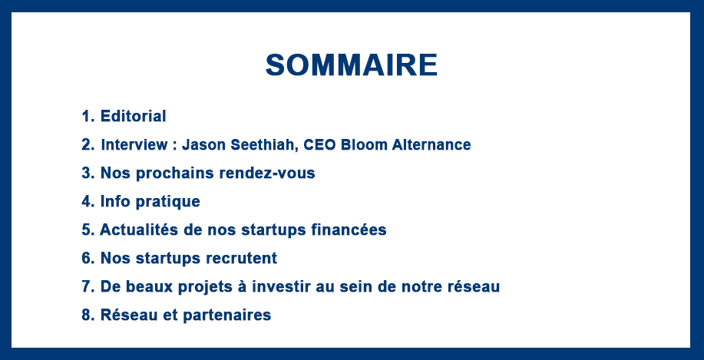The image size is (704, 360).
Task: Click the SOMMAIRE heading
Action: [352, 65]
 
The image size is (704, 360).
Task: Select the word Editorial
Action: [134, 116]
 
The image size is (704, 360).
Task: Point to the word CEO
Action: [320, 144]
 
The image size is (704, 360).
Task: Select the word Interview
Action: [134, 144]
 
